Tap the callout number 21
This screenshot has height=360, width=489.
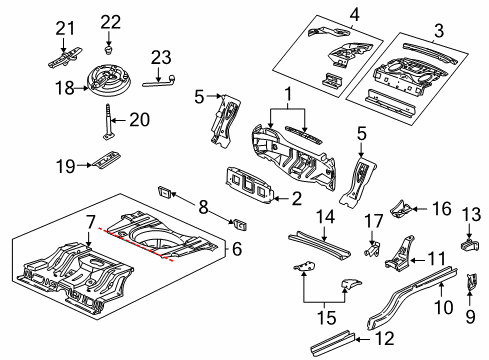pyautogui.click(x=65, y=27)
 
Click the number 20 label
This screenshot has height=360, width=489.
pyautogui.click(x=140, y=119)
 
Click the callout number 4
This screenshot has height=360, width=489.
pyautogui.click(x=325, y=13)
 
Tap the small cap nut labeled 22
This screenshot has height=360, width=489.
pyautogui.click(x=109, y=45)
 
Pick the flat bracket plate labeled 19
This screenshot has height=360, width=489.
pyautogui.click(x=107, y=163)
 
